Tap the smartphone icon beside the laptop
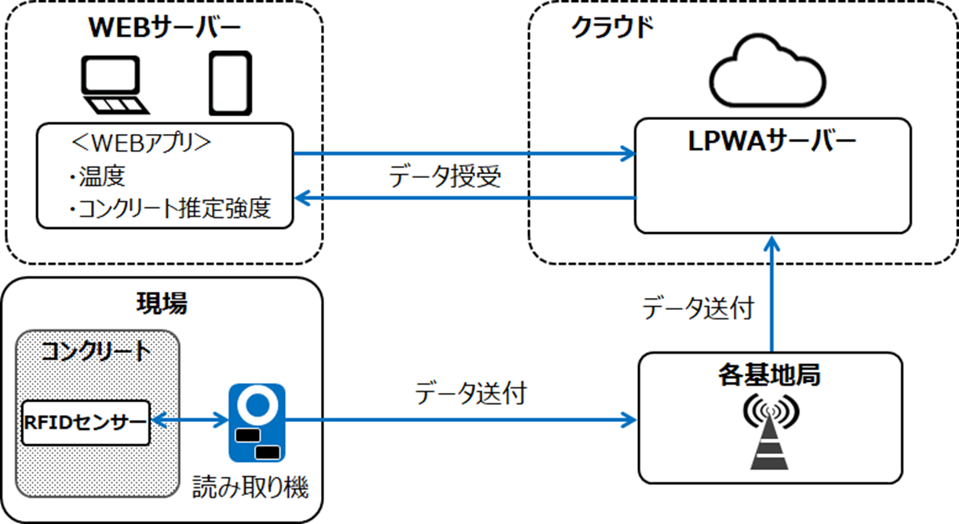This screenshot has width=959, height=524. (x=230, y=83)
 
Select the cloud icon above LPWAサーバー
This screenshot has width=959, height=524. (x=768, y=72)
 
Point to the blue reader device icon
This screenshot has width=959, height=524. (x=257, y=422)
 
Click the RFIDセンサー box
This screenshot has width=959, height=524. (x=85, y=422)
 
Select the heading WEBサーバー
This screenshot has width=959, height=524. (x=164, y=27)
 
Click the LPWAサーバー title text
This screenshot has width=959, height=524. (x=773, y=141)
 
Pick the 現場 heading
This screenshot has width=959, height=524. (x=162, y=304)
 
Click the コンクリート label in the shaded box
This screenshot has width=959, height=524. (x=97, y=351)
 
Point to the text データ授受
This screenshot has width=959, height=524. (x=444, y=177)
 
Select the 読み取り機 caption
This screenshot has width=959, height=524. (x=251, y=488)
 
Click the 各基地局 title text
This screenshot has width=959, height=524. (x=769, y=375)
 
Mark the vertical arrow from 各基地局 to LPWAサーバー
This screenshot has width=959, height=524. (x=773, y=294)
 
